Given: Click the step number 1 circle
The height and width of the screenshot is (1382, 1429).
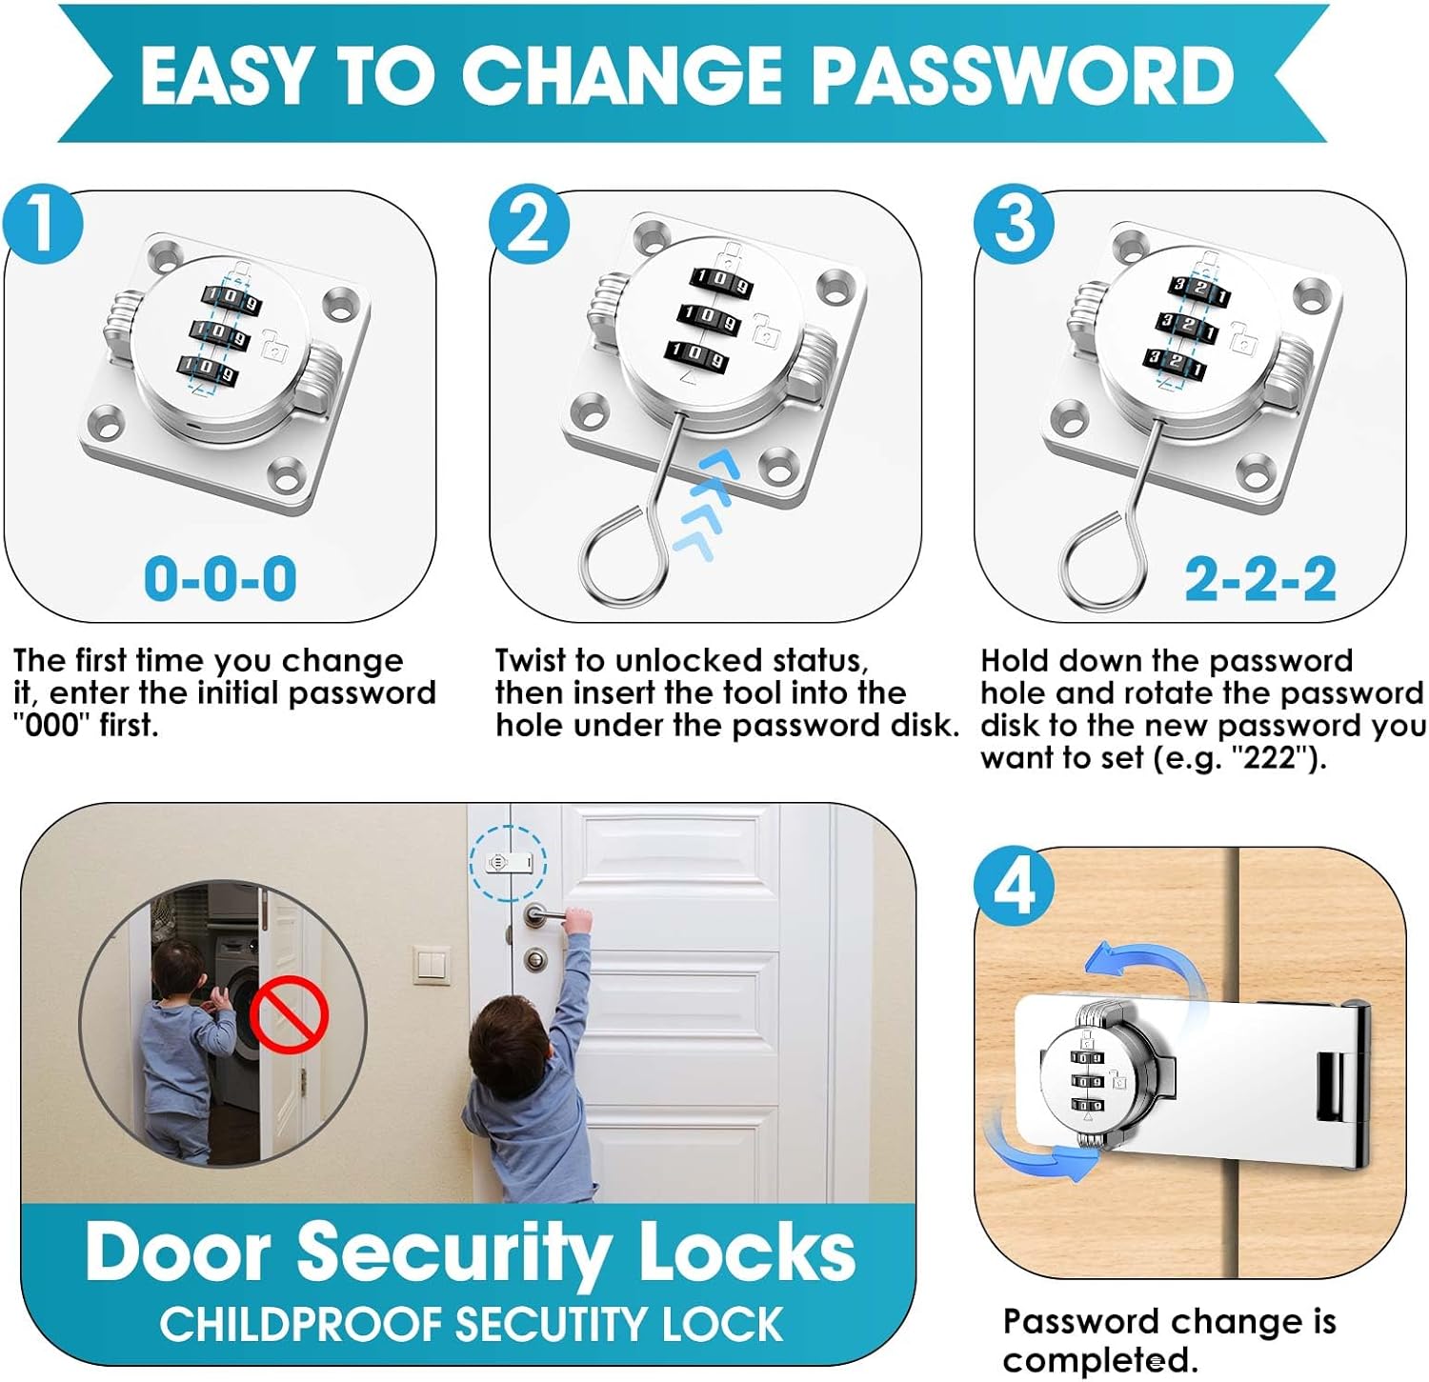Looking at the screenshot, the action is click(43, 225).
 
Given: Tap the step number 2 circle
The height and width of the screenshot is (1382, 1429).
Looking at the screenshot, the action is click(530, 225).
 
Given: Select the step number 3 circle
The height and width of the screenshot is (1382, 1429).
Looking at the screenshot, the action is click(1014, 225).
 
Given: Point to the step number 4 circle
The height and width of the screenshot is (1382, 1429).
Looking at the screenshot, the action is click(1014, 885).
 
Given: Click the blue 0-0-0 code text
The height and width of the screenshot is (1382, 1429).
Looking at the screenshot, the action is click(220, 578).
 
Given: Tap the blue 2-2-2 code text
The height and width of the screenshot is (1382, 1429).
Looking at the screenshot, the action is click(1260, 578).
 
